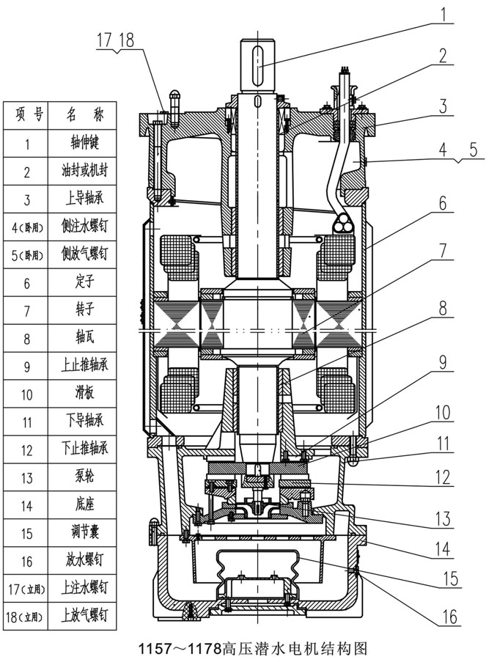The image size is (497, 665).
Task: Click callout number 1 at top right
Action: [x=444, y=12]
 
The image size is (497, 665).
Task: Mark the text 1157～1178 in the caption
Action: [x=179, y=649]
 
